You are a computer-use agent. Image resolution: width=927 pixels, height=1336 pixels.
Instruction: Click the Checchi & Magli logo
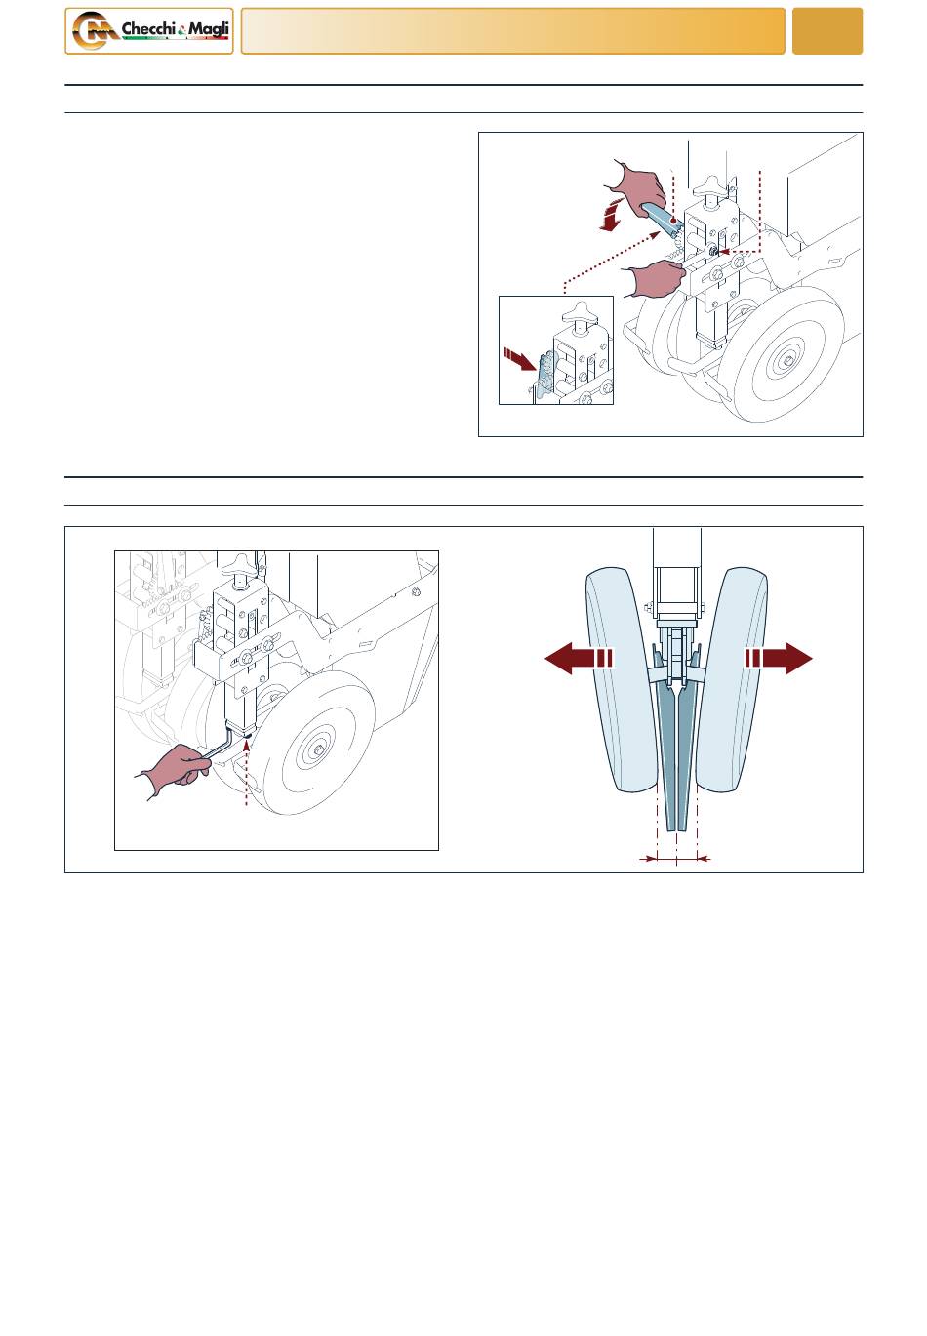click(x=149, y=31)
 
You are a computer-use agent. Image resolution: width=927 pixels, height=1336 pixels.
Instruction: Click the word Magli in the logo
click(x=209, y=28)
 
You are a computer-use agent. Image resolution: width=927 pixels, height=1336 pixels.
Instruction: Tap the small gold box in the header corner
click(x=826, y=31)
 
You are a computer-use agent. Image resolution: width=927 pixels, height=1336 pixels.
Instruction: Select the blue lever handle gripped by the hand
click(x=660, y=219)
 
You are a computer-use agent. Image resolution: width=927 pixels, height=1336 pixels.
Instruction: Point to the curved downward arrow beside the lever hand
click(x=612, y=216)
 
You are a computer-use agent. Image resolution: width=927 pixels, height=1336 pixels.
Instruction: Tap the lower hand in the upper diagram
click(x=655, y=277)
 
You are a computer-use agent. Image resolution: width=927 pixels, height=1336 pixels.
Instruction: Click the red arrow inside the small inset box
click(x=520, y=358)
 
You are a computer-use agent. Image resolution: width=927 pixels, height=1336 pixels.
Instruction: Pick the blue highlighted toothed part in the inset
click(x=545, y=376)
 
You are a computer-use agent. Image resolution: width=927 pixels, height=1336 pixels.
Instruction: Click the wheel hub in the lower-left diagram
click(x=320, y=749)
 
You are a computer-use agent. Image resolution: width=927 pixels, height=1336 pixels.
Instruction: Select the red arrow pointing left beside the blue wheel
click(x=578, y=658)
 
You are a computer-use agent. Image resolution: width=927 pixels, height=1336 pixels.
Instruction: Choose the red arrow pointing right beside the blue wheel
click(x=779, y=658)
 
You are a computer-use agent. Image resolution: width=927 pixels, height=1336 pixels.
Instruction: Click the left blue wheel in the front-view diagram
click(x=622, y=680)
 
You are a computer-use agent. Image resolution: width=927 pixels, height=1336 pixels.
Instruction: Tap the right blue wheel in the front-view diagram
click(x=733, y=680)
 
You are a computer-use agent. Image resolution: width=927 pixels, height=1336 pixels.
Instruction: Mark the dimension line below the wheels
click(x=676, y=859)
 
